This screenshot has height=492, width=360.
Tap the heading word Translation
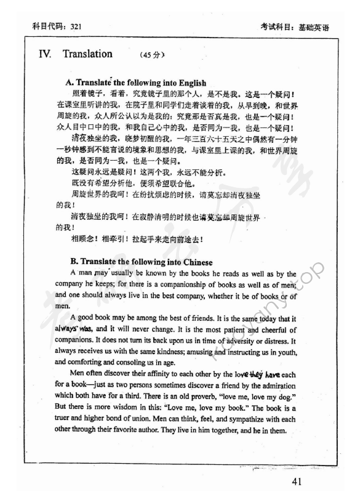coord(87,54)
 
